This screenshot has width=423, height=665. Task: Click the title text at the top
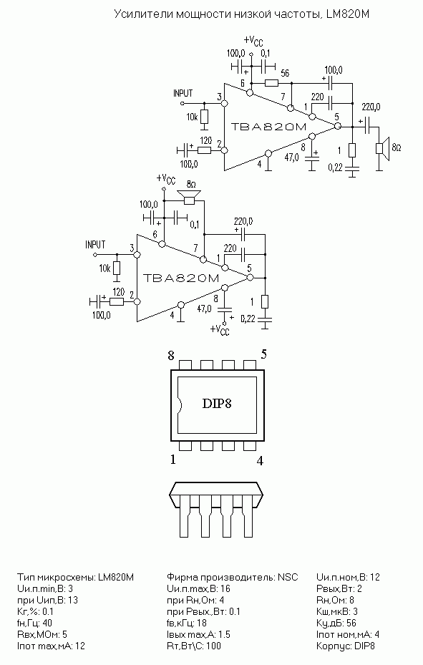pos(242,14)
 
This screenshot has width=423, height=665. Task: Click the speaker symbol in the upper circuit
pos(382,148)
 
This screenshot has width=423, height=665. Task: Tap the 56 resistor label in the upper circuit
pos(285,73)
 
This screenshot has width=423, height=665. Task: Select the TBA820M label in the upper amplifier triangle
pos(268,127)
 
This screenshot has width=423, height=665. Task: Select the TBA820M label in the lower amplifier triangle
pos(181,278)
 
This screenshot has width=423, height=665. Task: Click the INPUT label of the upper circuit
pos(183,93)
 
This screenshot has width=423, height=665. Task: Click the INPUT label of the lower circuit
pos(95,245)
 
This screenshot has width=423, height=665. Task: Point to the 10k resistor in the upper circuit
pos(204,116)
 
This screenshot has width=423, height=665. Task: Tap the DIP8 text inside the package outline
pos(217,403)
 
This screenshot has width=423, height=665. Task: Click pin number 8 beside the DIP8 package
pos(171,355)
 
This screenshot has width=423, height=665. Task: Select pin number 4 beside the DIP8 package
pos(261,460)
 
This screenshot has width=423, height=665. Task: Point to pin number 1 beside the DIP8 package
pos(172,460)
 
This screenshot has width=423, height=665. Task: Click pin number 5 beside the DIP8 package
pos(263,354)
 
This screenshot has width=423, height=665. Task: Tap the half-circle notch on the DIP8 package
pos(180,404)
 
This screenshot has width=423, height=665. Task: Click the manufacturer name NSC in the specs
pos(288,577)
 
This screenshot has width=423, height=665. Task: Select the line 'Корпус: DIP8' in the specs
pos(346,646)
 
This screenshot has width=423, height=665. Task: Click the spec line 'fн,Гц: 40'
pos(35,623)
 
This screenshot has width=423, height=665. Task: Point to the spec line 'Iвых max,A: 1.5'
pos(198,634)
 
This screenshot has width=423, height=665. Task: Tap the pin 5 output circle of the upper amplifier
pos(337,127)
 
